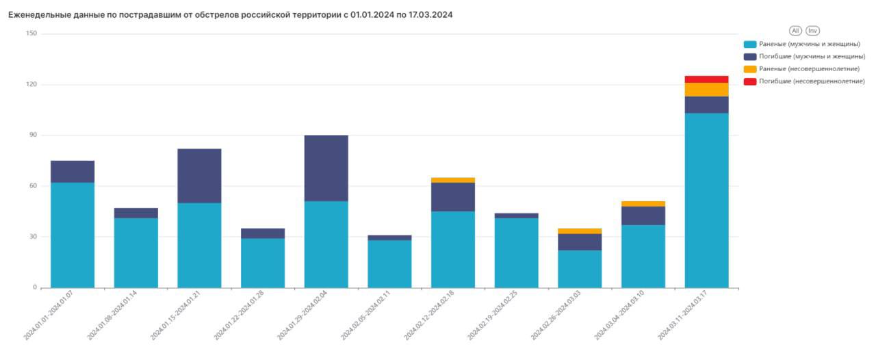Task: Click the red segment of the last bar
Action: click(706, 79)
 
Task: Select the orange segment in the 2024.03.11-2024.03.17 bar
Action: click(706, 90)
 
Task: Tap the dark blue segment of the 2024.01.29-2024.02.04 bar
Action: click(326, 168)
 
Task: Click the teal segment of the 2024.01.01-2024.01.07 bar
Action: click(73, 235)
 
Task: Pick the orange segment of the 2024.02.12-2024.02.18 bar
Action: click(453, 180)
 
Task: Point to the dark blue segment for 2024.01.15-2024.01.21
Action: click(199, 176)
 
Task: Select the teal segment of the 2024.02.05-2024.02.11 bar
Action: click(389, 263)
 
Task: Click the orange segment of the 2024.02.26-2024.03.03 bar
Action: click(580, 231)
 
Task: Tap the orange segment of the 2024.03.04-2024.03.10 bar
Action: click(643, 204)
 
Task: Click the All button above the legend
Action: click(795, 31)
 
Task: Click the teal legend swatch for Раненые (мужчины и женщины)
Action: click(750, 44)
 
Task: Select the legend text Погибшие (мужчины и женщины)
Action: click(812, 56)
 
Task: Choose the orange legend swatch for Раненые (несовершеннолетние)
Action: click(750, 68)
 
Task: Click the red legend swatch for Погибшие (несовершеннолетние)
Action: click(750, 81)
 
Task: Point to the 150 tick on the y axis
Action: click(31, 34)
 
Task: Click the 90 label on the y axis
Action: click(33, 136)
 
